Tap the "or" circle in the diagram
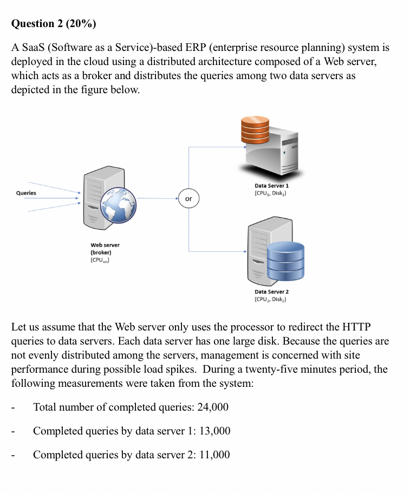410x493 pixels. tap(188, 199)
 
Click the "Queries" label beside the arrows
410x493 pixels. tap(26, 193)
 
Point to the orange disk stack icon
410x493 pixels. tap(255, 128)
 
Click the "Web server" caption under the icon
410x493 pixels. tap(105, 245)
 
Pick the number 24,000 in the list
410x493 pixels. tap(209, 407)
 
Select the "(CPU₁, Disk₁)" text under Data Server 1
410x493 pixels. tap(271, 193)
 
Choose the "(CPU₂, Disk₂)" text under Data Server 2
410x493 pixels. tap(271, 299)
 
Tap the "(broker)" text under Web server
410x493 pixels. tap(101, 252)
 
